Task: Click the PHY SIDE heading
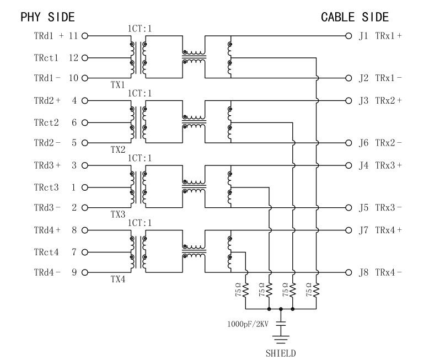pyautogui.click(x=47, y=17)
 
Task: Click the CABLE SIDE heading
pyautogui.click(x=355, y=17)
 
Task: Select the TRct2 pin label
pyautogui.click(x=46, y=122)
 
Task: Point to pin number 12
pyautogui.click(x=73, y=57)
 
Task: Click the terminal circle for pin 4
pyautogui.click(x=85, y=101)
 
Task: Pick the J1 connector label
pyautogui.click(x=363, y=36)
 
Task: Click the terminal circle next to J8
pyautogui.click(x=348, y=272)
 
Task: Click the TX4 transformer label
pyautogui.click(x=117, y=280)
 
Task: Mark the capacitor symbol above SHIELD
pyautogui.click(x=281, y=321)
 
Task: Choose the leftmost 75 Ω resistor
pyautogui.click(x=246, y=289)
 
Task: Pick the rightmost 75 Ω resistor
pyautogui.click(x=317, y=289)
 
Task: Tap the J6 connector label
pyautogui.click(x=363, y=143)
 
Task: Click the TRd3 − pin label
pyautogui.click(x=47, y=208)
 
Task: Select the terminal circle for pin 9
pyautogui.click(x=85, y=272)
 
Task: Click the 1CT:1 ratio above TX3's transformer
pyautogui.click(x=140, y=158)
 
